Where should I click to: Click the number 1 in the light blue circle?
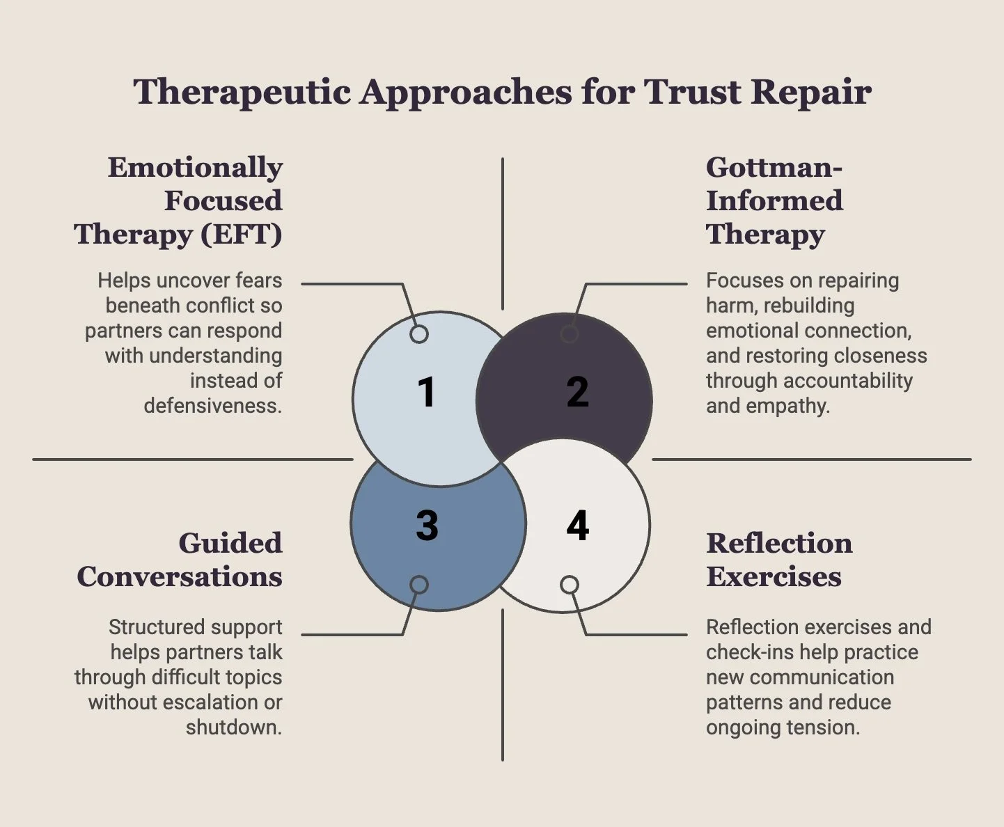426,392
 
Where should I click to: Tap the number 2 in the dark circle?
577,392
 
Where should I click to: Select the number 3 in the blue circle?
427,526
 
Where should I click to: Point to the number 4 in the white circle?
577,526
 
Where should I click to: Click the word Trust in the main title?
692,92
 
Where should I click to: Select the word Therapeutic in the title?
242,92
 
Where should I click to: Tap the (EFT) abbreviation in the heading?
242,234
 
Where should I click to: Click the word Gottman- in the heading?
774,167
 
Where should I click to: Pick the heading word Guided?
230,543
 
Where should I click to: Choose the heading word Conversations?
180,576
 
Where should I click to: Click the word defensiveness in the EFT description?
212,406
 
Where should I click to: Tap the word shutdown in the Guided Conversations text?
233,727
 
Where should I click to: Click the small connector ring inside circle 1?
418,334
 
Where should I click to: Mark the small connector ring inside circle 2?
570,334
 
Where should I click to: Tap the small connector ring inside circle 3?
418,585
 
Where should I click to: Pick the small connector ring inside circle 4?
570,585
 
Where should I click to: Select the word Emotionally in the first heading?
195,167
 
